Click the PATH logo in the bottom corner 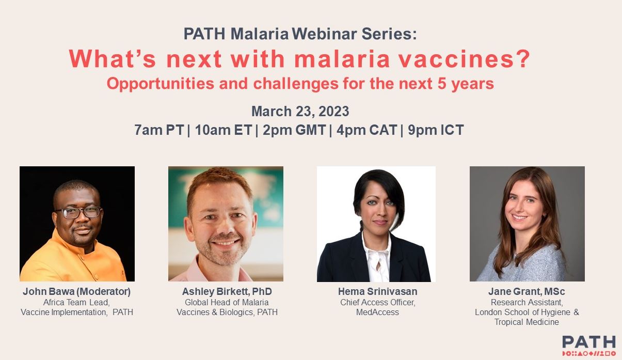588,345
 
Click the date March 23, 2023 300,111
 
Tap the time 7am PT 158,130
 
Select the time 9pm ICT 436,130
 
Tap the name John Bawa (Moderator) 76,291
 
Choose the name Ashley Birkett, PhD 227,291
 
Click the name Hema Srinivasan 377,291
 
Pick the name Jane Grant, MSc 527,291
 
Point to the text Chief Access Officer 377,302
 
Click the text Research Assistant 527,302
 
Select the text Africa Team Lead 76,302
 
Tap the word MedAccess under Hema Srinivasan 377,312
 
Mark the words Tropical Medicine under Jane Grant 527,322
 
